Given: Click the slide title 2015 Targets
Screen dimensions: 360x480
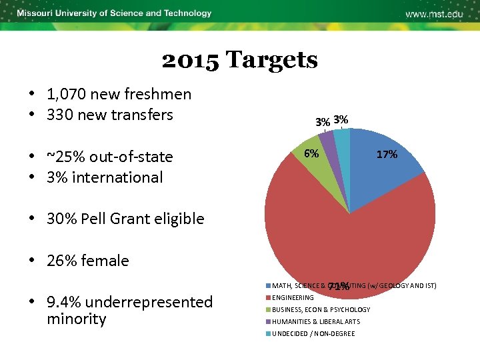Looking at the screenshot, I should coord(239,61).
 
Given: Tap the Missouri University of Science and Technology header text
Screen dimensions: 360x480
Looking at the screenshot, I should coord(114,13).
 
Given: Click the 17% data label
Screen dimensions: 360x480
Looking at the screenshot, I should coord(387,154).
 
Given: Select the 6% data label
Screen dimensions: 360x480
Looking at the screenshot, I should coord(311,153).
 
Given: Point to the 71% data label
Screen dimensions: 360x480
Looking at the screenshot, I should coord(339,287).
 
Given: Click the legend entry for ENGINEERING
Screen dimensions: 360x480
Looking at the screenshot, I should coord(292,297).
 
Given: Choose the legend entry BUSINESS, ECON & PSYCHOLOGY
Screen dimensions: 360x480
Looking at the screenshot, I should coord(320,309).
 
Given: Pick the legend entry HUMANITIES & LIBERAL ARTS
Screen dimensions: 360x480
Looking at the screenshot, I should coord(315,321).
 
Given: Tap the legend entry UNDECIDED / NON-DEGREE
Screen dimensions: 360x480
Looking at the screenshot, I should coord(313,333).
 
